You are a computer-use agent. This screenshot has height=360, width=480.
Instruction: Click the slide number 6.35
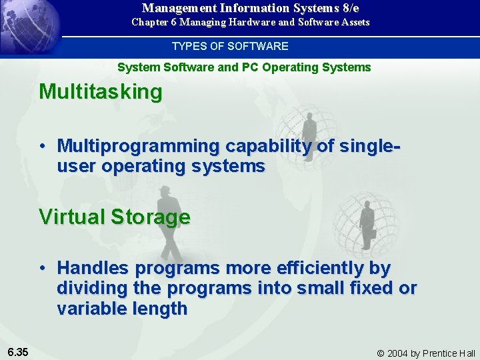(17, 351)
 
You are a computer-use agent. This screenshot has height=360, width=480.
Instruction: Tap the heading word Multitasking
(101, 92)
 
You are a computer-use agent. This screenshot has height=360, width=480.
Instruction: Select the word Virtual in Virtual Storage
(73, 217)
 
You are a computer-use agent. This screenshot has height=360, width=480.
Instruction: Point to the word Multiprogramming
(139, 145)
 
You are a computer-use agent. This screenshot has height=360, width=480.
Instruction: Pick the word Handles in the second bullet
(93, 268)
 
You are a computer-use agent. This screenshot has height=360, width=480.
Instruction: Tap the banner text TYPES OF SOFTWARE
(230, 46)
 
